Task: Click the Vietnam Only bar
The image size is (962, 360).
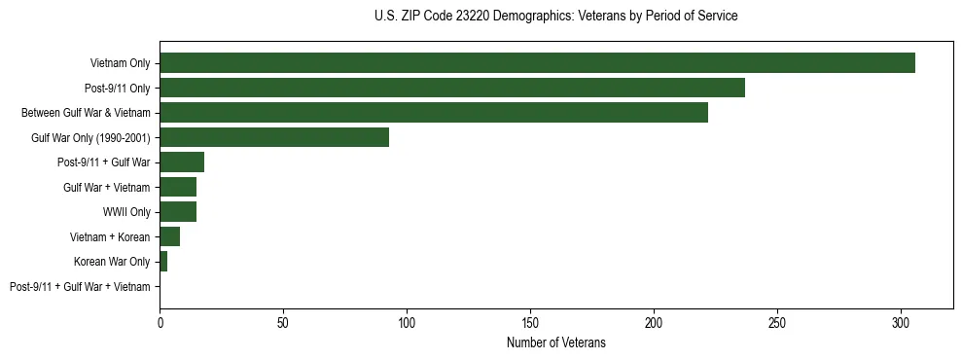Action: pos(537,63)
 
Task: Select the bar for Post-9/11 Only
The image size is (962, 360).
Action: pos(452,88)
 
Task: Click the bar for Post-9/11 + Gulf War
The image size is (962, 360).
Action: pos(182,162)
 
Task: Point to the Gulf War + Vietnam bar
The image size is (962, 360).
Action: pos(178,187)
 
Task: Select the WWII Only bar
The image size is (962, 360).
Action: pos(178,212)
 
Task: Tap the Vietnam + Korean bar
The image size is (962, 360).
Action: pos(169,236)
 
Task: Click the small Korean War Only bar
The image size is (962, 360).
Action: pos(163,262)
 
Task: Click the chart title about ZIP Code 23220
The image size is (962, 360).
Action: pos(555,17)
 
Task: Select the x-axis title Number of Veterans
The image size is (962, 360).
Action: pos(555,342)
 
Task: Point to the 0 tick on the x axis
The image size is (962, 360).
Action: pos(160,321)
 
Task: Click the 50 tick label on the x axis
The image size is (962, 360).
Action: pos(283,321)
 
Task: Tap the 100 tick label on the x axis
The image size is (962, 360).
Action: pos(407,321)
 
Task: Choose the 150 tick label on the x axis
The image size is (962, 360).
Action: pos(530,321)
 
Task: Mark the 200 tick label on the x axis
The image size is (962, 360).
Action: pos(654,321)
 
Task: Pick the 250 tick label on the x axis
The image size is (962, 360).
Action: pos(777,321)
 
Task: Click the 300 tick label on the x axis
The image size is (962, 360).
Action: pos(901,321)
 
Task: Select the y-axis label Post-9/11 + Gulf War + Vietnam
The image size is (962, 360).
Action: pos(80,287)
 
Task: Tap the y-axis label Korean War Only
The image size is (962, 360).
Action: pos(112,262)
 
